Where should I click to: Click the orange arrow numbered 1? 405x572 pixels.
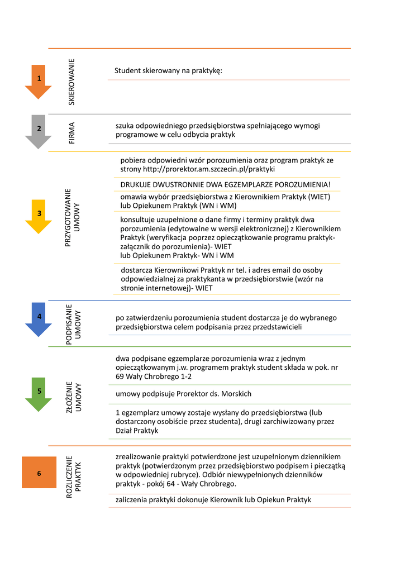(39, 80)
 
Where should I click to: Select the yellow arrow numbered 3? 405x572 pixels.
(39, 214)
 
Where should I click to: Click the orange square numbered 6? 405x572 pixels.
(39, 473)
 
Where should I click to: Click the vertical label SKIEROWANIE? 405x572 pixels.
(72, 82)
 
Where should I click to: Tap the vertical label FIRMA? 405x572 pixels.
(72, 133)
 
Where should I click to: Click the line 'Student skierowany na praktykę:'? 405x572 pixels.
(168, 71)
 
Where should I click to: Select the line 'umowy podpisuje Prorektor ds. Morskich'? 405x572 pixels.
(183, 394)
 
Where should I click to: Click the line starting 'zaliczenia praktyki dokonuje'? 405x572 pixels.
(213, 499)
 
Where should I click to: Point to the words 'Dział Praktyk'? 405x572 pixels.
(137, 431)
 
